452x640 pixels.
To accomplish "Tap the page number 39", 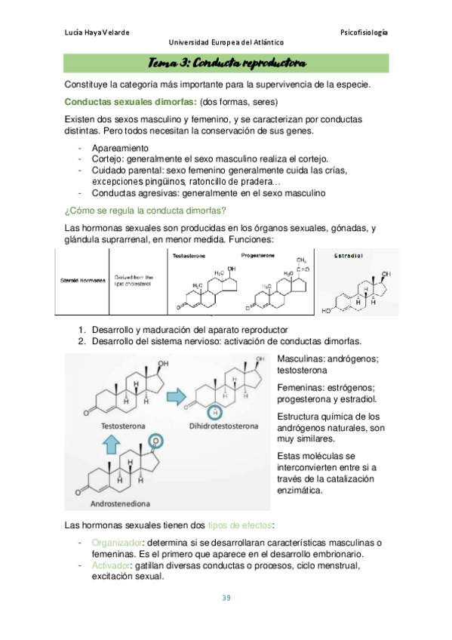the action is [226, 598].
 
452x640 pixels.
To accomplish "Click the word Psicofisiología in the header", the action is [364, 32].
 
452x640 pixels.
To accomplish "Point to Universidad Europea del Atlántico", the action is [226, 44].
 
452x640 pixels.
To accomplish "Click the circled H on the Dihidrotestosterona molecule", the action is [215, 412].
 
